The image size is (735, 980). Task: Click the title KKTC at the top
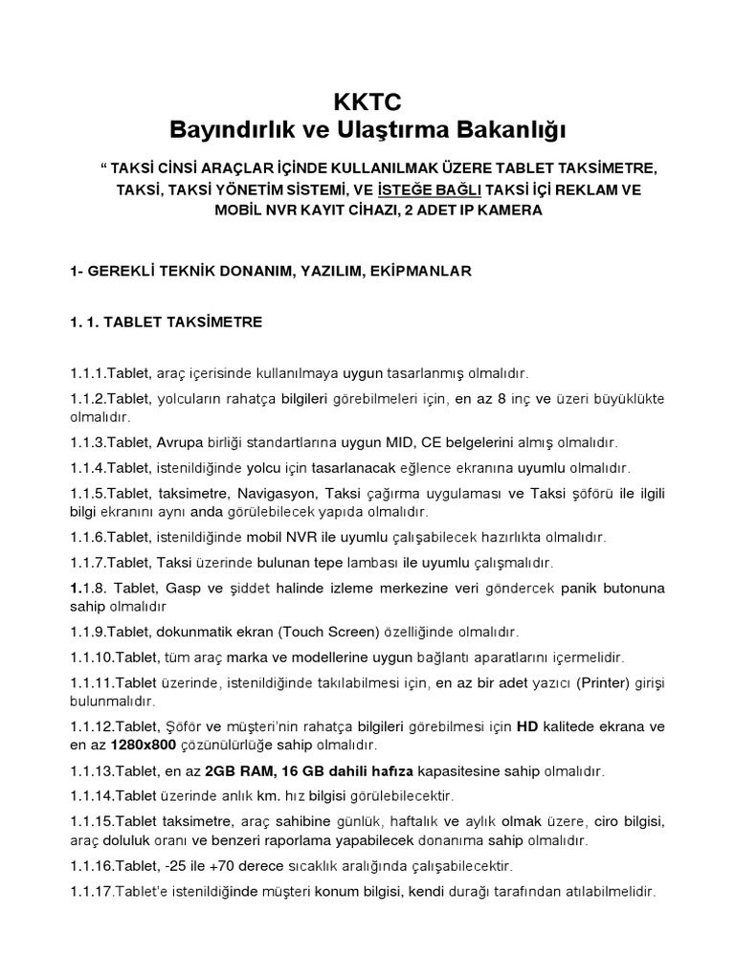tap(367, 100)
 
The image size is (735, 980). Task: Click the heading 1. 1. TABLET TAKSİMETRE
tap(166, 323)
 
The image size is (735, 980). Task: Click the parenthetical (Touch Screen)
tap(331, 633)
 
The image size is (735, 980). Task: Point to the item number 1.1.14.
tap(93, 794)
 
